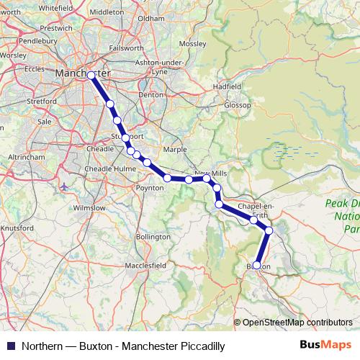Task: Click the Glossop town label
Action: tap(237, 105)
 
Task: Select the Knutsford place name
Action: tap(17, 228)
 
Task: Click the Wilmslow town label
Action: tap(89, 207)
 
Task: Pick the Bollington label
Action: tap(153, 236)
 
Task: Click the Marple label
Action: tap(175, 150)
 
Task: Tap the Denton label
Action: tap(151, 94)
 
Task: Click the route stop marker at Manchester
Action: tap(91, 75)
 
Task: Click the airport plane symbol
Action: tap(66, 187)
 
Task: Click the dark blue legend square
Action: tap(9, 346)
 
